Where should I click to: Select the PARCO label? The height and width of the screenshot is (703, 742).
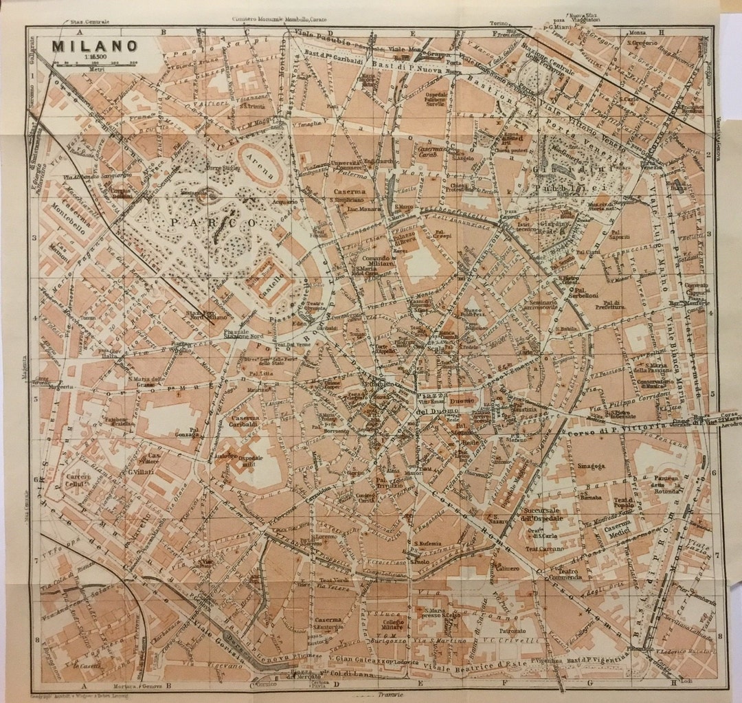(x=213, y=223)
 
